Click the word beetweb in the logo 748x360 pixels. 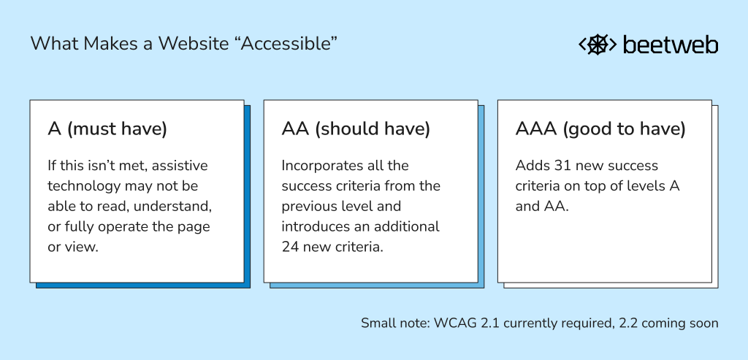pos(670,45)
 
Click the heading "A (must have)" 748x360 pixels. pos(107,129)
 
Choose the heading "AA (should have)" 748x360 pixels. pos(356,129)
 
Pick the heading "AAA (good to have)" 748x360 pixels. pos(600,129)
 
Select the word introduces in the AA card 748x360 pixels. pos(315,226)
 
